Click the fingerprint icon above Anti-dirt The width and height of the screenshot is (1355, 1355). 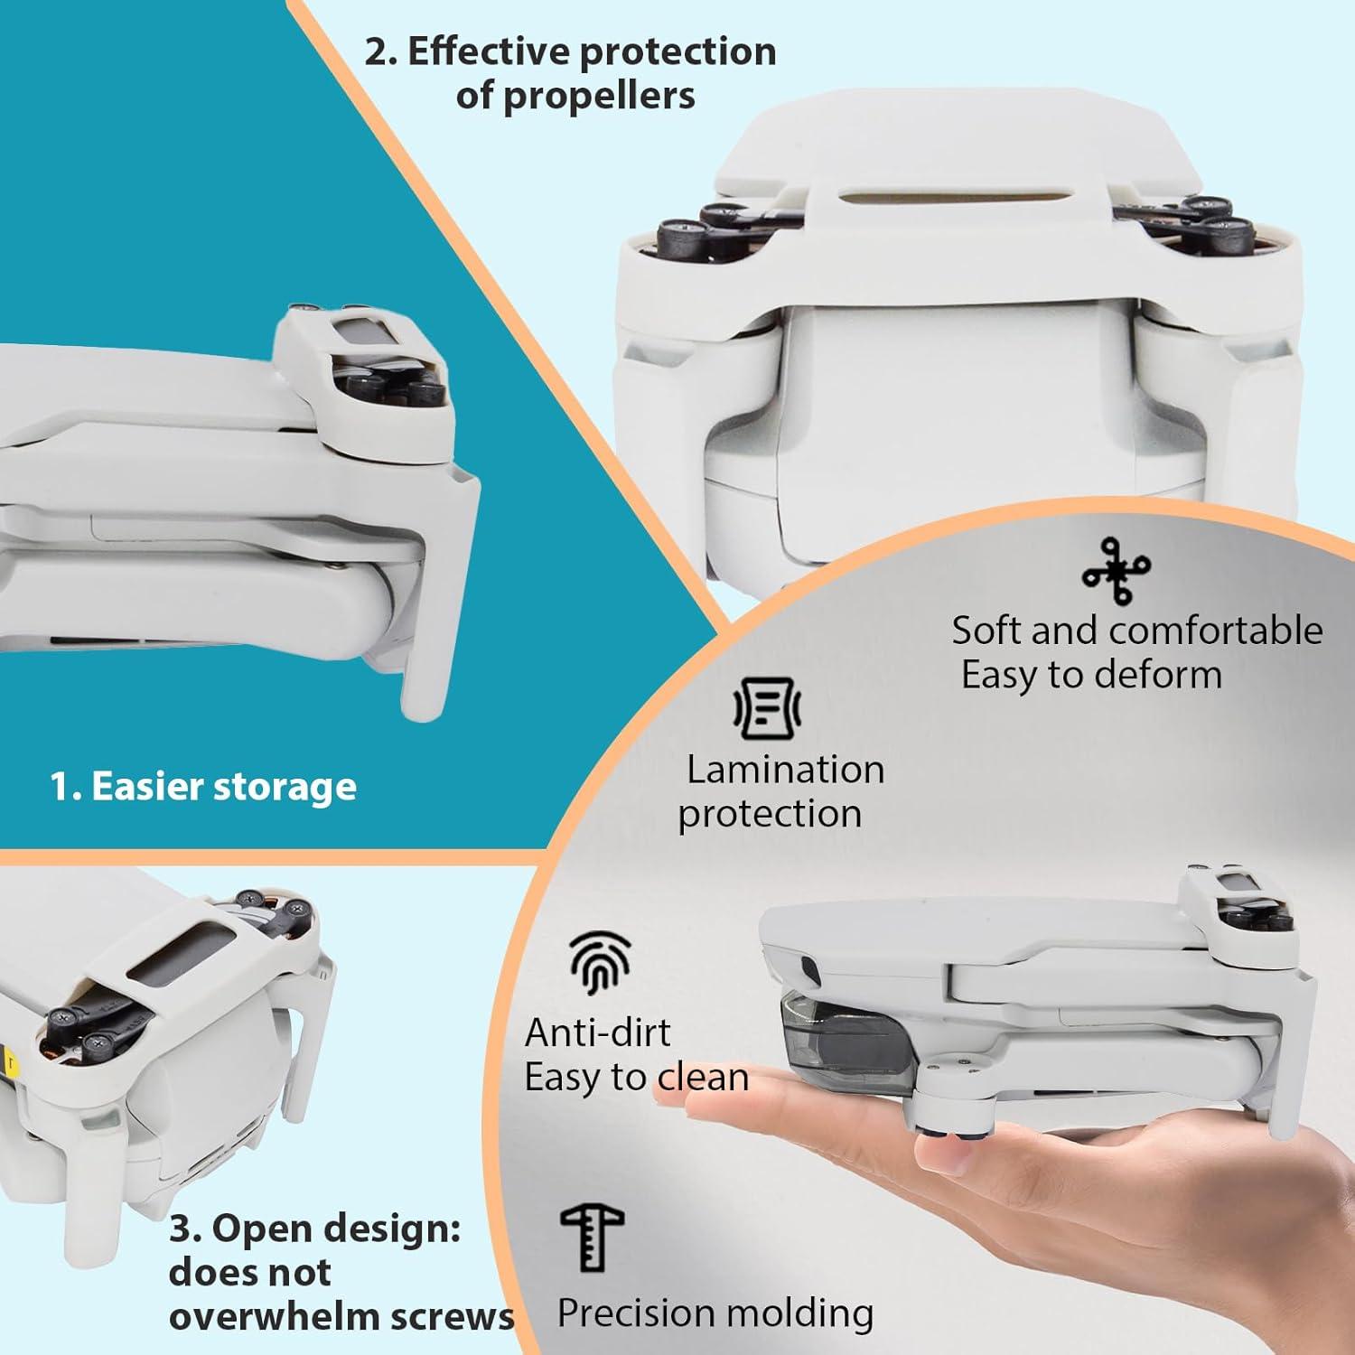600,964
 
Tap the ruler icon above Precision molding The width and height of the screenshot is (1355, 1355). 592,1237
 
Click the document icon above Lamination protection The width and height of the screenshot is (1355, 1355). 766,708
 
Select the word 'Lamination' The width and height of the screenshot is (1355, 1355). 785,770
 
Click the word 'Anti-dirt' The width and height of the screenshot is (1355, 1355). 597,1033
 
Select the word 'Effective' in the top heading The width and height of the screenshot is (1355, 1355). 488,52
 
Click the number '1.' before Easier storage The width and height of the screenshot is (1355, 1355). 66,788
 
